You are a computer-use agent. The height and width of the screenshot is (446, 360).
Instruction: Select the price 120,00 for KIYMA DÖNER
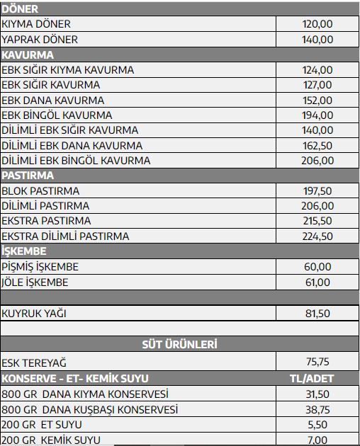pos(317,24)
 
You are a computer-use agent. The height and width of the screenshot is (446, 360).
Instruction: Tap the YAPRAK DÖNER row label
pos(40,40)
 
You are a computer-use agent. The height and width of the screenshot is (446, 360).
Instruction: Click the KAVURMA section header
pos(28,55)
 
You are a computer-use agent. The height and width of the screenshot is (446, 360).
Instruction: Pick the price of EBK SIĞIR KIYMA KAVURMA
pos(317,70)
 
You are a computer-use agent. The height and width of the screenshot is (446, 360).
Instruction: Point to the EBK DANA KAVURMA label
pos(53,101)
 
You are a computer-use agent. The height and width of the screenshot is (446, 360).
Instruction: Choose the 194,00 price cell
pos(317,115)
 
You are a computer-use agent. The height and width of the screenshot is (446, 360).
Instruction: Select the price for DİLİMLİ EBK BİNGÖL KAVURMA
pos(317,161)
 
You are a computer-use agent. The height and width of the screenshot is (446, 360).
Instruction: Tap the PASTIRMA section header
pos(28,176)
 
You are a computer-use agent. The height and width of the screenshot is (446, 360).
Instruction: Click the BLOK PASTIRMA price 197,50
pos(317,191)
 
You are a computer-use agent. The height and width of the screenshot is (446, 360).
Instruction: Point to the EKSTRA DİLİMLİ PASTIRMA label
pos(66,236)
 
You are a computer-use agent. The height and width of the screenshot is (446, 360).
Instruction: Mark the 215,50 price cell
pos(317,221)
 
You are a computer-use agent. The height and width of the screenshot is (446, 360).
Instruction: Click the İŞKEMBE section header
pos(24,251)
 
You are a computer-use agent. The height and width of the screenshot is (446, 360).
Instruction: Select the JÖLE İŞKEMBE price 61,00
pos(317,282)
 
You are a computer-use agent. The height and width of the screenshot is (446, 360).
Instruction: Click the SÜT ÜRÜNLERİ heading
pos(180,345)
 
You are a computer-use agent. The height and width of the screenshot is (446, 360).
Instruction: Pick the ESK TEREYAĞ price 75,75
pos(317,361)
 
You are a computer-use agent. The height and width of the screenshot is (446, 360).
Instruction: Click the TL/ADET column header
pos(313,378)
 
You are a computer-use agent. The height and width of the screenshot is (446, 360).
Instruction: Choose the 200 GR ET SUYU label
pos(42,425)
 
